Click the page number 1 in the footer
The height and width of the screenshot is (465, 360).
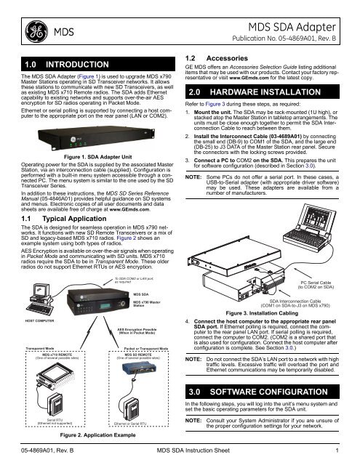click(x=347, y=455)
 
